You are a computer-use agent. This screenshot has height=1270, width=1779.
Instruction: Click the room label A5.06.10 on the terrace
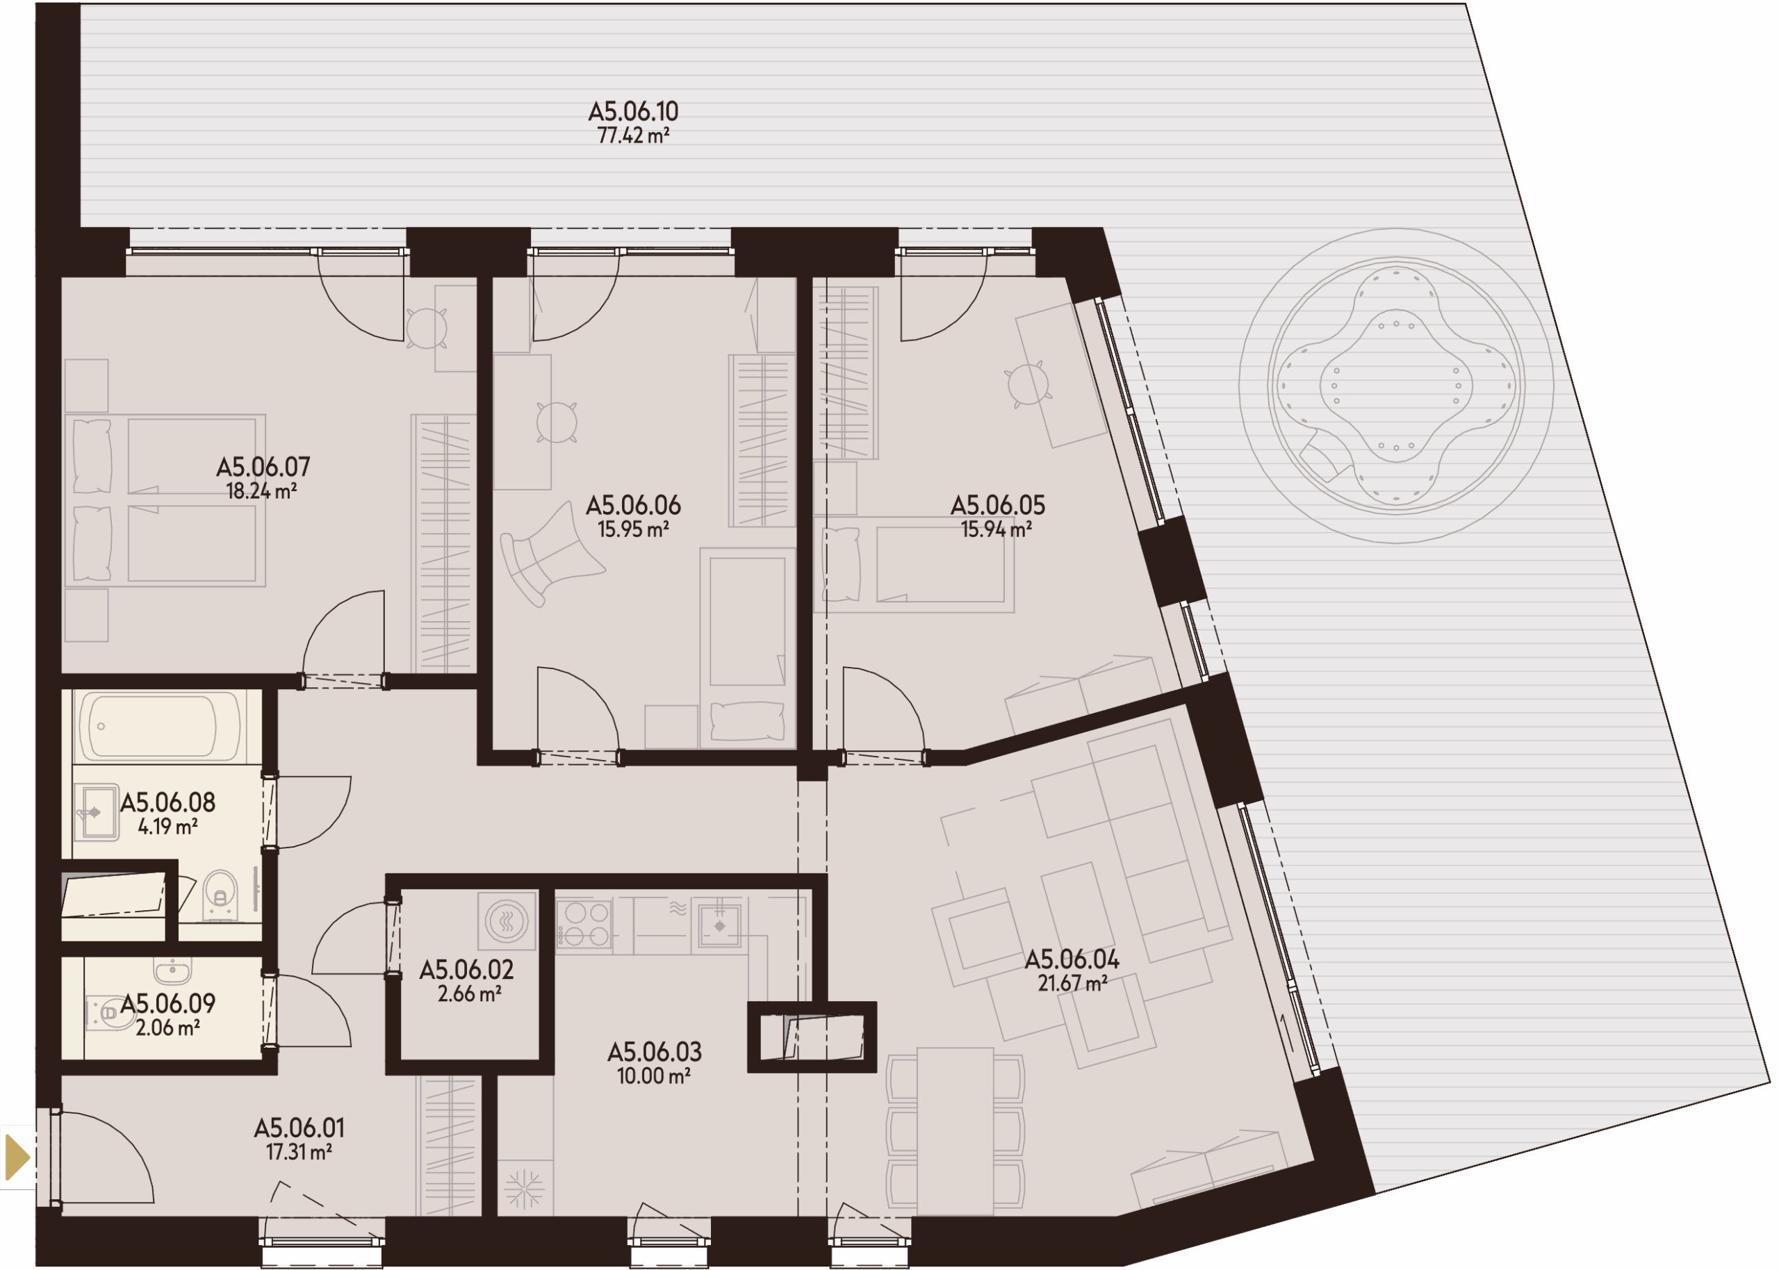coord(633,111)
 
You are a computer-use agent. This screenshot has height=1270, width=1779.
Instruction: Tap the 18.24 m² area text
coord(261,491)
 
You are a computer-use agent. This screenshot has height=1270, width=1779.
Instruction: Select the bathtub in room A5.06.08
coord(160,726)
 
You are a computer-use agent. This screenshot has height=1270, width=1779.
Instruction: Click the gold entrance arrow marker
coord(17,1157)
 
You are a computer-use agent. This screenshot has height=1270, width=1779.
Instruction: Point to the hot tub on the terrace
coord(1396,386)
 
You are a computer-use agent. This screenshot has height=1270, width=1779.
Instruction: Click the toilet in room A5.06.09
coord(110,1014)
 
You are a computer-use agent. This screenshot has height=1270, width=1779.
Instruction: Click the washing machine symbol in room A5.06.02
coord(507,921)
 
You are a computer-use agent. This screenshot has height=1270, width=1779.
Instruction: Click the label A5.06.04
coord(1072,959)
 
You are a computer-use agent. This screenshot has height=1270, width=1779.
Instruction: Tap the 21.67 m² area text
coord(1072,984)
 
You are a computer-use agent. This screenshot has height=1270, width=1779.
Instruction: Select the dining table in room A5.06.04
coord(955,1132)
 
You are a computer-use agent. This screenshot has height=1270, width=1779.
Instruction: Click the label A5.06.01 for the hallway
coord(299,1128)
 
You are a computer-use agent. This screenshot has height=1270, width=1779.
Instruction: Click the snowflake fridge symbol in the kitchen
coord(524,1189)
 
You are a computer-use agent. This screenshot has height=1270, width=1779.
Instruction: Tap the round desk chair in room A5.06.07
coord(426,329)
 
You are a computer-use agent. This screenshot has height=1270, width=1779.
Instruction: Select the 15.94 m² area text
coord(997,529)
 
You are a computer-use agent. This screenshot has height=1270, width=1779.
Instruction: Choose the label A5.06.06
coord(633,505)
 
